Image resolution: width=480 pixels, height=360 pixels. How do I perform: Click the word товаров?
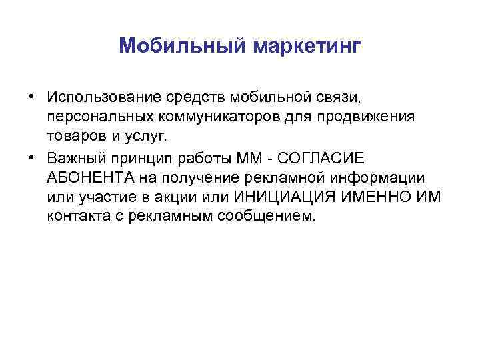pos(75,137)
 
